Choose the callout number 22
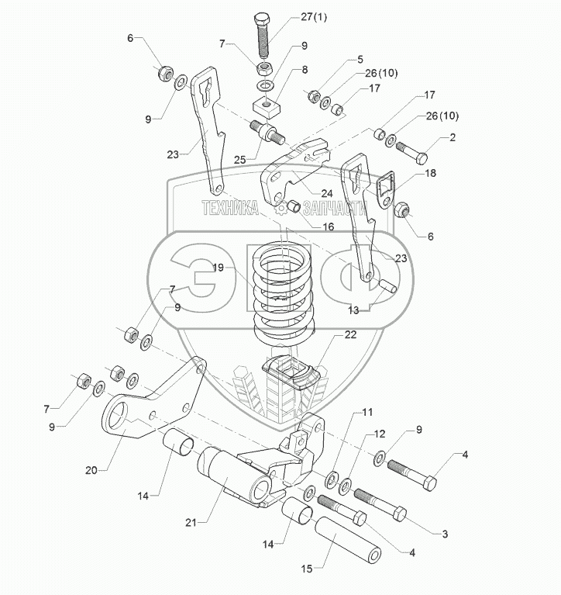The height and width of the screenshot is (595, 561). pyautogui.click(x=329, y=335)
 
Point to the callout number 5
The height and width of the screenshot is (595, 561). pyautogui.click(x=359, y=60)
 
